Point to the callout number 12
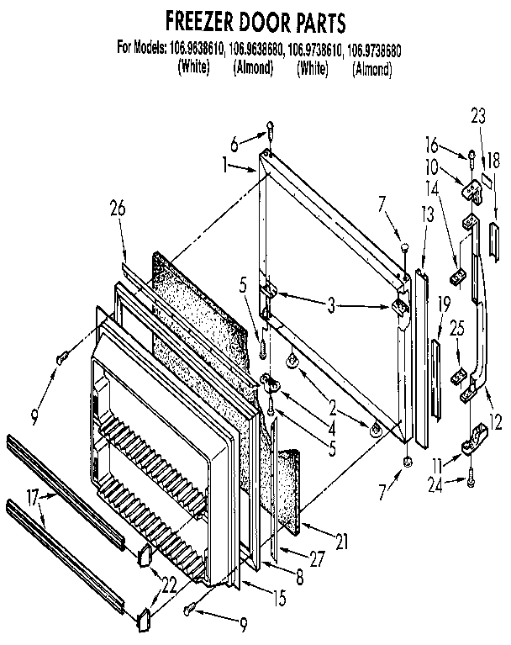[497, 425]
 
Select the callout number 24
[436, 482]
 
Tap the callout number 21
[341, 544]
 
